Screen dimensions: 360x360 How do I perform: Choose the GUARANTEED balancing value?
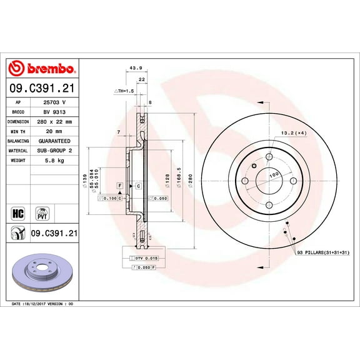point(54,141)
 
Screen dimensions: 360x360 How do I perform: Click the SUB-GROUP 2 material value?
point(54,151)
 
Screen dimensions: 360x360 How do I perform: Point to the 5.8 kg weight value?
point(54,161)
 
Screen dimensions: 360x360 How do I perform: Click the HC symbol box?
point(17,212)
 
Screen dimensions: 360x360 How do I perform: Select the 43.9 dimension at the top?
point(132,68)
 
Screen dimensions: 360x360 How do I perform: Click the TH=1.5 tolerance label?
point(124,91)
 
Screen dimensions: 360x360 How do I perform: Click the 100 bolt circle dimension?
point(273,176)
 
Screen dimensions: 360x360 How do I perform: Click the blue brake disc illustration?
point(42,272)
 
